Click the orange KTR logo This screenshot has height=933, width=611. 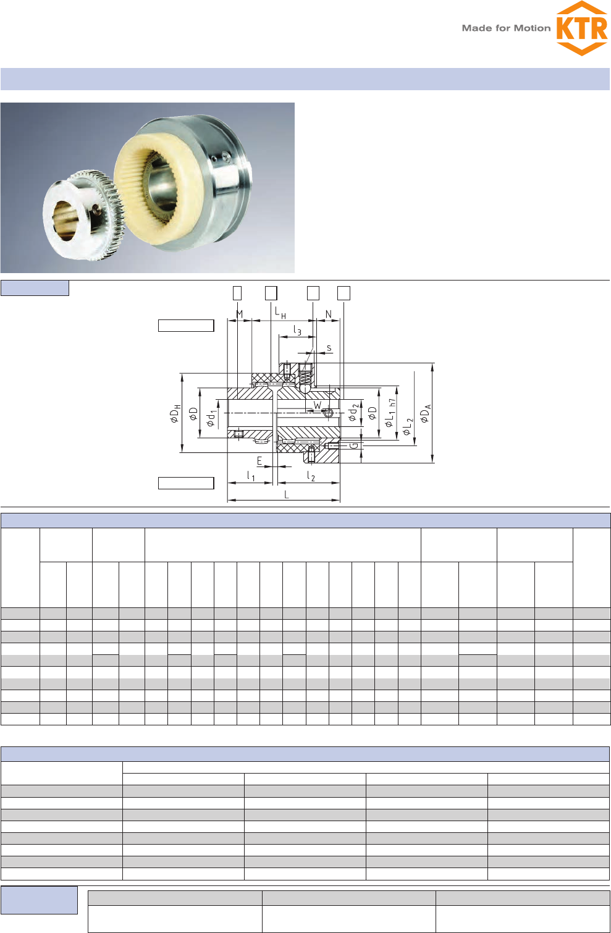pos(582,28)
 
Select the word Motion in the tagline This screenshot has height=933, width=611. pos(532,28)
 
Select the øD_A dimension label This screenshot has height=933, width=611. pos(425,413)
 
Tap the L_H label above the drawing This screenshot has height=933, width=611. pos(280,313)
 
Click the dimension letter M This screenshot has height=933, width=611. pos(240,314)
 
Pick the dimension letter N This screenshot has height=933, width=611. pos(329,314)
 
